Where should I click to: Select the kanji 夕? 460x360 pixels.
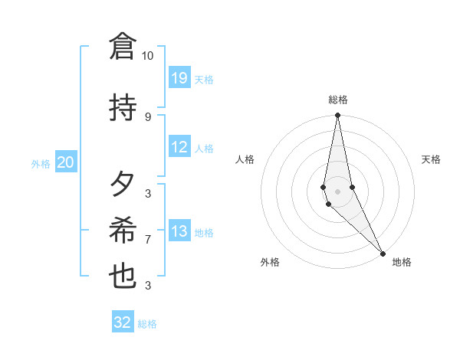[123, 185]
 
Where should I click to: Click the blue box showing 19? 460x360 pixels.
[179, 78]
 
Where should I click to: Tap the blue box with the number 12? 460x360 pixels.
[179, 147]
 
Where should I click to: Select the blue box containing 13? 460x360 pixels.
[179, 231]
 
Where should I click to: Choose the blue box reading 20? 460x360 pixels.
[66, 162]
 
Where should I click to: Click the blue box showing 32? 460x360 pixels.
[123, 322]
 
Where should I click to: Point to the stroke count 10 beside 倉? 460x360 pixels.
[147, 56]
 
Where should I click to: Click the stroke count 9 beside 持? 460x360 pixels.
[147, 116]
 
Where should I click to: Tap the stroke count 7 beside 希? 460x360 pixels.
[147, 240]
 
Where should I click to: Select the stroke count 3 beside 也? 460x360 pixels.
[147, 286]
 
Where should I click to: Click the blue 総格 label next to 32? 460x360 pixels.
[147, 324]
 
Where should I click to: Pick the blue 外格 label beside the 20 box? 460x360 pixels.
[41, 163]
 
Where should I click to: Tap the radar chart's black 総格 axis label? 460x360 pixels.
[338, 100]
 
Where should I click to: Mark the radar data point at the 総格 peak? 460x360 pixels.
[337, 116]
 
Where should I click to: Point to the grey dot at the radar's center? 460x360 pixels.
[337, 191]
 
